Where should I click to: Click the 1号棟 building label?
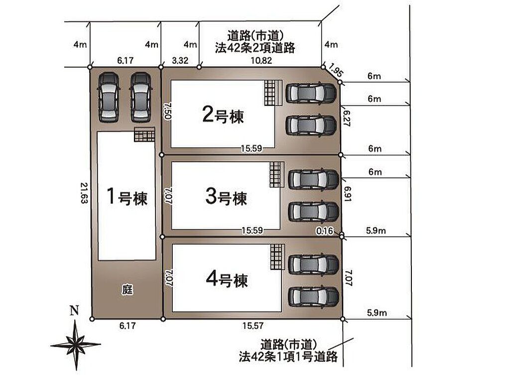coord(127,196)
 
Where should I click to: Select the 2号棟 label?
coord(223,115)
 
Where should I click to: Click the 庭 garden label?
coord(127,289)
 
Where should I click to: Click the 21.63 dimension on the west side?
coord(84,193)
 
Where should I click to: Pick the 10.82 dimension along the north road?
coord(261,60)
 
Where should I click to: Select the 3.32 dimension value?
coord(180,60)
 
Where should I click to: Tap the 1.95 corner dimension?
coord(335,70)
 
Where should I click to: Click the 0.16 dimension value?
coord(325,230)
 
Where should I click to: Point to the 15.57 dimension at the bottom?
coord(253,325)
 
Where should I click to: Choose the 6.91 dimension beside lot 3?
coord(347,193)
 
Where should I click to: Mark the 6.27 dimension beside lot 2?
coord(347,118)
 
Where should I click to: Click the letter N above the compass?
coord(75,310)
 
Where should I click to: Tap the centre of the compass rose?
coord(76,345)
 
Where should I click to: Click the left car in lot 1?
coord(108,97)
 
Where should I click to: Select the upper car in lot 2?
coord(311,93)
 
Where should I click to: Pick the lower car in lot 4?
coord(314,297)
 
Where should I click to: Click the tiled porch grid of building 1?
coord(144,134)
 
